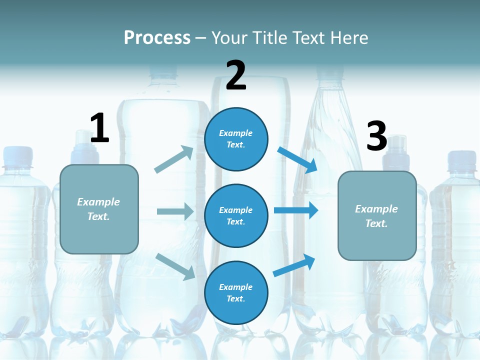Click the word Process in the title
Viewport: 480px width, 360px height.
[x=157, y=37]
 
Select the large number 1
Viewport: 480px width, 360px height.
[x=99, y=128]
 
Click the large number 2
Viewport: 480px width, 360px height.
[x=236, y=75]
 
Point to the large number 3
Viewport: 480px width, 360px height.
[x=377, y=136]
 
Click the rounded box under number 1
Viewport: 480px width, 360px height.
[x=99, y=209]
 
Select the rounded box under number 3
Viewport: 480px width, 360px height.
[x=377, y=215]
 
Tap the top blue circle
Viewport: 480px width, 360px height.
[x=236, y=139]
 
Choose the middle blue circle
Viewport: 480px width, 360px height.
[x=236, y=215]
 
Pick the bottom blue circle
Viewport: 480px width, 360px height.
[x=236, y=292]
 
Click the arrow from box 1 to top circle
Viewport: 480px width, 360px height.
[x=174, y=159]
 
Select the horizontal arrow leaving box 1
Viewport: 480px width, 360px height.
[x=175, y=211]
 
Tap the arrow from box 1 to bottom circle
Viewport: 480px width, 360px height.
[x=175, y=266]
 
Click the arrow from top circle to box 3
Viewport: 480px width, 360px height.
[x=297, y=160]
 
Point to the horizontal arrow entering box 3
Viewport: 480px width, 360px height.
[x=295, y=210]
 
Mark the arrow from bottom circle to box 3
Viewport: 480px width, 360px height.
[x=294, y=265]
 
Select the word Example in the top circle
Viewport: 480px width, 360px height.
[x=236, y=133]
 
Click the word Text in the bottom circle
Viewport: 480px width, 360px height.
[x=235, y=299]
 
